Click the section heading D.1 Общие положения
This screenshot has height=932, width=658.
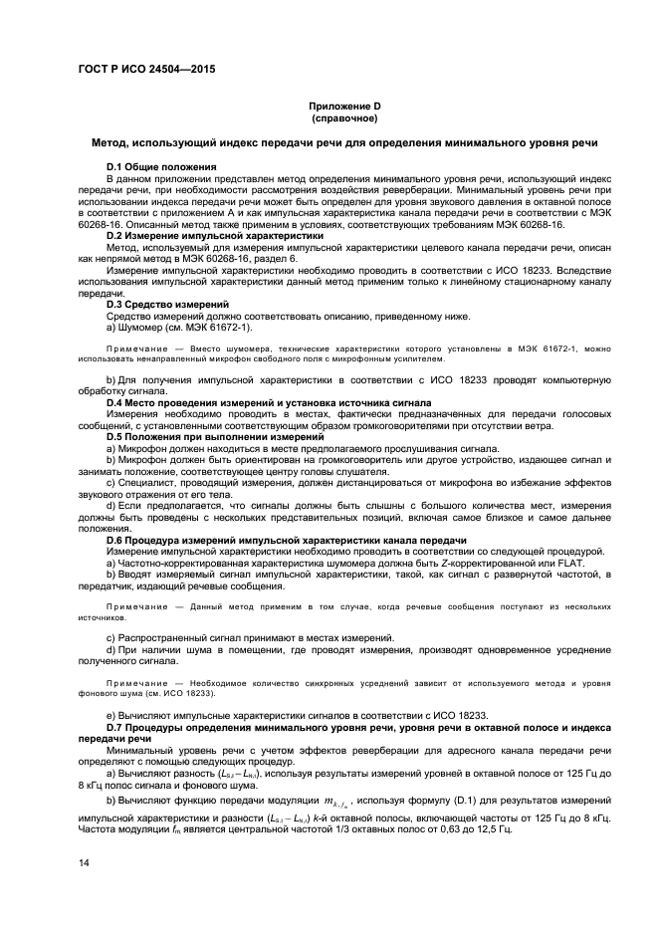162,165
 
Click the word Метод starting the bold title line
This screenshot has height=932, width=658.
109,142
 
